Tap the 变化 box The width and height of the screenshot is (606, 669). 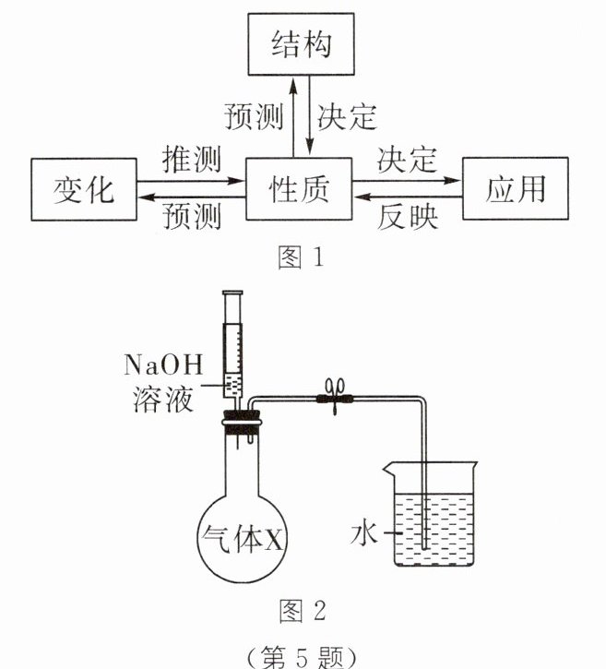84,189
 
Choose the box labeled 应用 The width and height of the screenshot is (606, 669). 516,188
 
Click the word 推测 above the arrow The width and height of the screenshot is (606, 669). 191,159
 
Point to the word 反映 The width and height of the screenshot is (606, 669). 408,219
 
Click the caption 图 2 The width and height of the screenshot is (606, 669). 302,610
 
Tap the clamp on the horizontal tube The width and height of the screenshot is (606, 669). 333,399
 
